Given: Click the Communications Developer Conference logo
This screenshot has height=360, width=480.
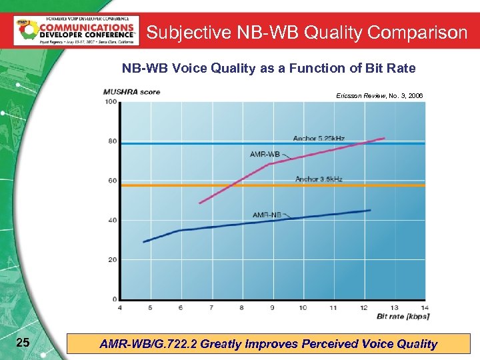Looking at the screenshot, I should (x=76, y=31).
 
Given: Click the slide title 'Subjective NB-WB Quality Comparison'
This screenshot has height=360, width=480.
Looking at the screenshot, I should (x=307, y=32).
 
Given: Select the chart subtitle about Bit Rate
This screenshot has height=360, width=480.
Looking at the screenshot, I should (x=268, y=68).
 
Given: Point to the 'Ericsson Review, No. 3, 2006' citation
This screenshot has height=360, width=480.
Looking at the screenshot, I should (x=379, y=96).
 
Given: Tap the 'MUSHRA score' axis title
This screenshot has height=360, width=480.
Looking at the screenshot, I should (x=131, y=92).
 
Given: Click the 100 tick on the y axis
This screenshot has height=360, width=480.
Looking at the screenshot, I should (x=111, y=101).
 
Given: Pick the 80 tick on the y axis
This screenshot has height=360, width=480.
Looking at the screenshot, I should (x=113, y=141).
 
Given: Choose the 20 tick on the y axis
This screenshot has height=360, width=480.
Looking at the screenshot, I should (x=113, y=259).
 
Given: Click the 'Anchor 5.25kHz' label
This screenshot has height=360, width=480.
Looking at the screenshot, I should (x=319, y=138).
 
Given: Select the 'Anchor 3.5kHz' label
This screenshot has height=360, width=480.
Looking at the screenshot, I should (x=318, y=179).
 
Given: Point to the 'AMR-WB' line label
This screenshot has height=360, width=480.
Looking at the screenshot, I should (x=265, y=154).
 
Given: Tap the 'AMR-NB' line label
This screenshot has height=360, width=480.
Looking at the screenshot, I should (x=267, y=215).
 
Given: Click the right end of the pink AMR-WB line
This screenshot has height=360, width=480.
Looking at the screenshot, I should (x=385, y=138).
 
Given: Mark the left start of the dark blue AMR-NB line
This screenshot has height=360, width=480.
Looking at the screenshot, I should (x=143, y=241).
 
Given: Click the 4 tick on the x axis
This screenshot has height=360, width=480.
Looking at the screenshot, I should (x=119, y=307).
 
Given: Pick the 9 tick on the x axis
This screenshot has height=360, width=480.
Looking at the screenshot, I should (x=272, y=307).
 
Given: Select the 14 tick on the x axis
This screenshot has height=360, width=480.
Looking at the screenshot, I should (x=425, y=307).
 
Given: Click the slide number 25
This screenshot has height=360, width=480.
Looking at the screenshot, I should (x=22, y=343).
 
